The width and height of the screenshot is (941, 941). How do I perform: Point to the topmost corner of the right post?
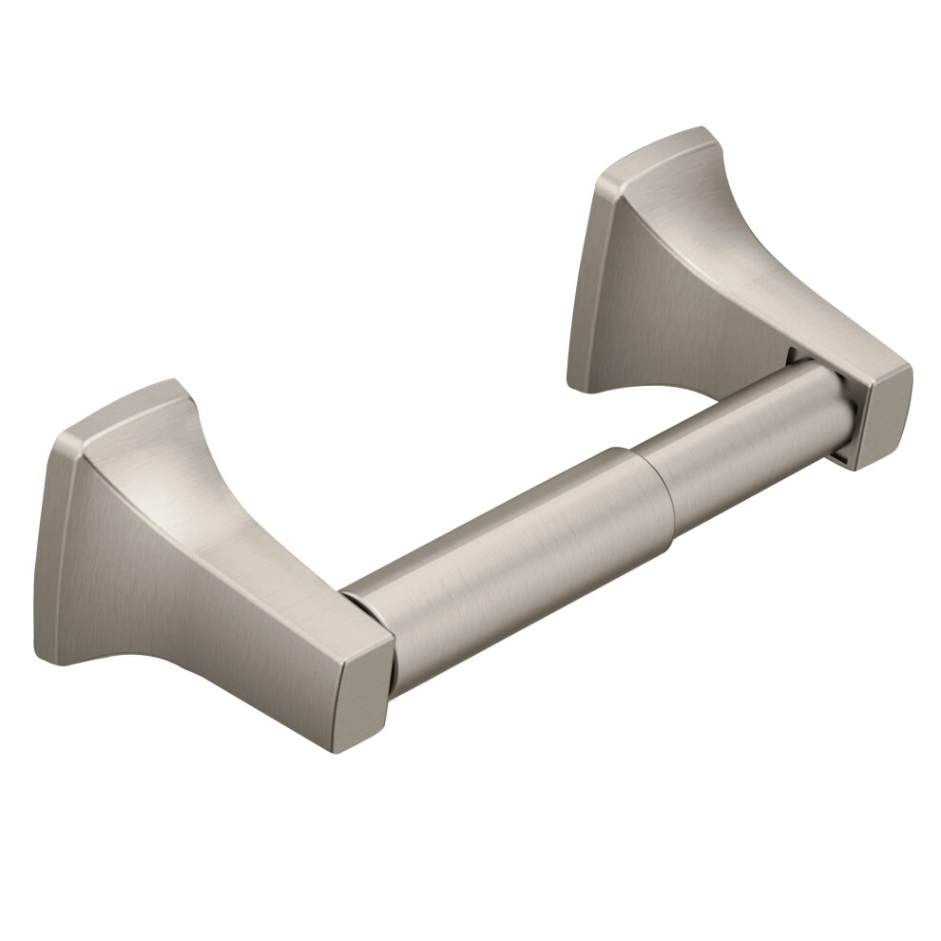click(701, 129)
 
